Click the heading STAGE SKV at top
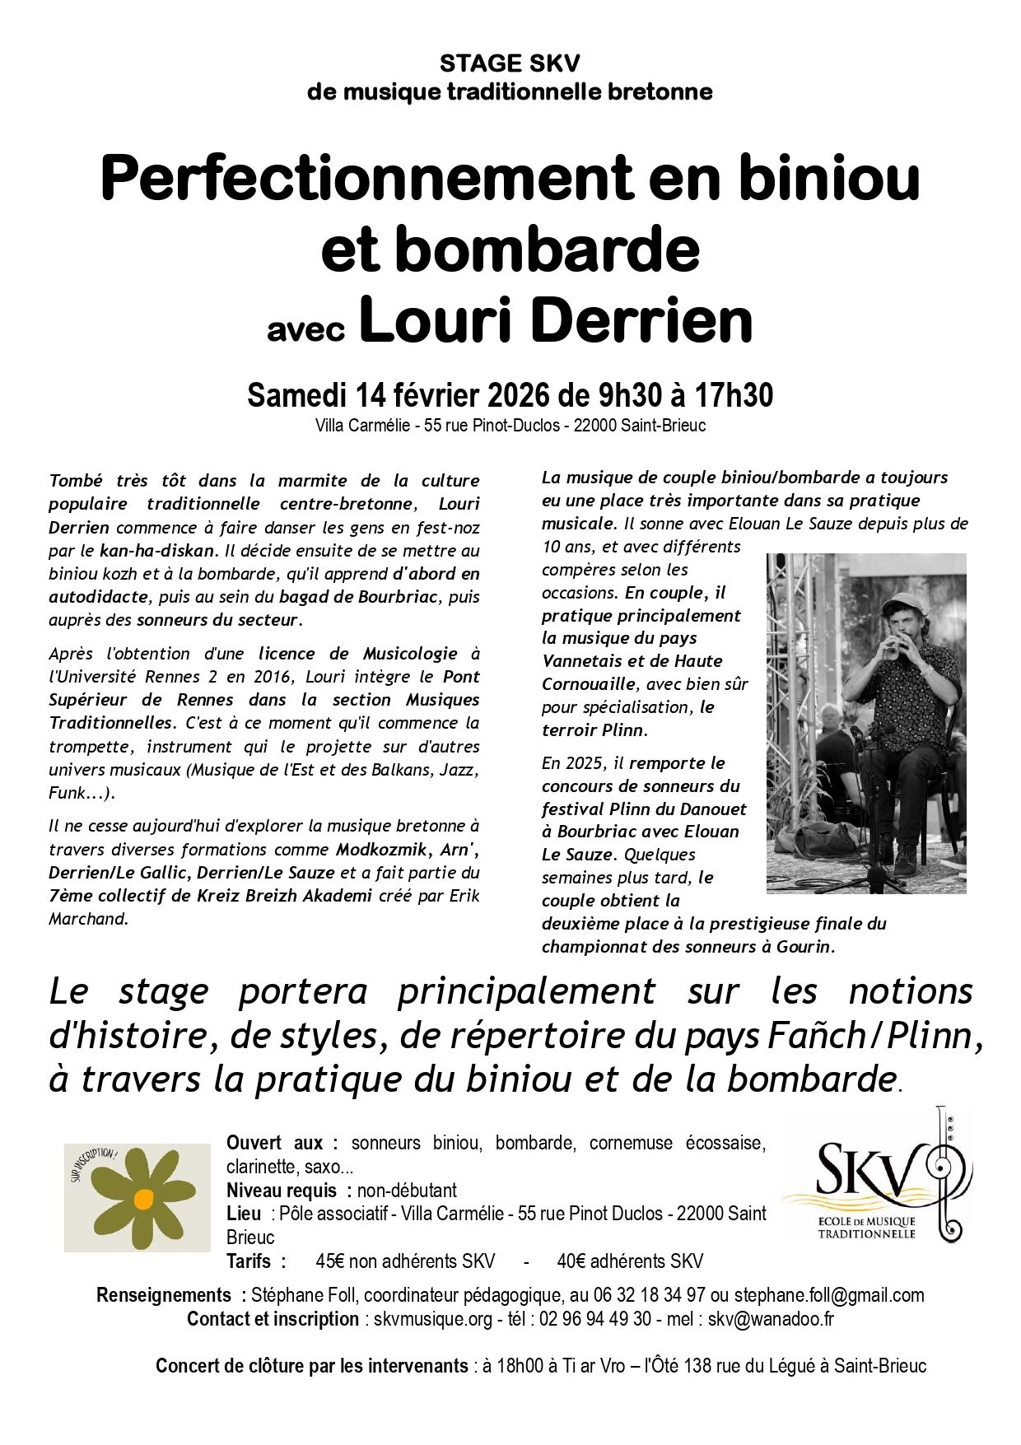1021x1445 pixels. [x=510, y=63]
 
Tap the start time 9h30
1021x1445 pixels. [x=630, y=396]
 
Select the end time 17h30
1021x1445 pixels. [x=734, y=396]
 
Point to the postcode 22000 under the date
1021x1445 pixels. [x=595, y=427]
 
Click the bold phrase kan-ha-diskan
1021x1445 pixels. [x=156, y=551]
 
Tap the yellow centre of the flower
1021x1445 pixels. [x=143, y=1199]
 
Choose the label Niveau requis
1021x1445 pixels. [x=281, y=1191]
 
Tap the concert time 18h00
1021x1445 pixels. [x=520, y=1366]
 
